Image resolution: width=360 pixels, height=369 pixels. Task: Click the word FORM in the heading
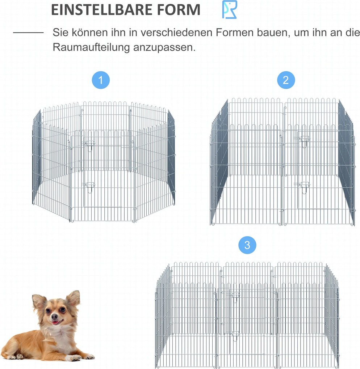[180, 10]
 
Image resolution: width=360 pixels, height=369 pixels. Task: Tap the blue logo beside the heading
[230, 9]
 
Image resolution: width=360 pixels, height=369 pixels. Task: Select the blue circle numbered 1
[101, 80]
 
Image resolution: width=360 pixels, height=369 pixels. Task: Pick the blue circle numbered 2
[286, 80]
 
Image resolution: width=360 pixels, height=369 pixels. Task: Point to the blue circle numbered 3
[247, 245]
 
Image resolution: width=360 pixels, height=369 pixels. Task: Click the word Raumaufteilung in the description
[91, 47]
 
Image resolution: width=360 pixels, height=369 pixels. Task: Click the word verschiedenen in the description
[178, 33]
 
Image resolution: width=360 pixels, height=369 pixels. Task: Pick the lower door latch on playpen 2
[304, 184]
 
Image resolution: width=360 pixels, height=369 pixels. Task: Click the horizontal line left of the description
[28, 33]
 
